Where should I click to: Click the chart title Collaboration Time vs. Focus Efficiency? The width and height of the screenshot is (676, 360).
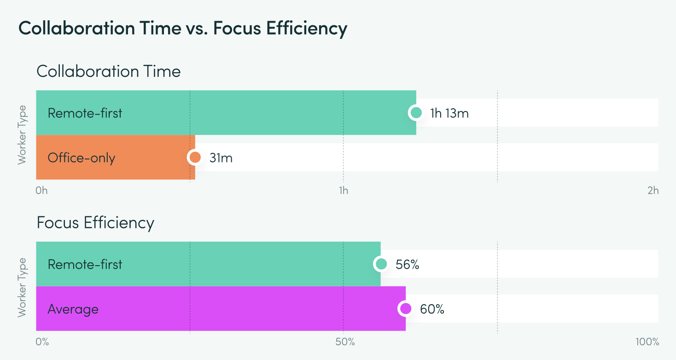pyautogui.click(x=183, y=29)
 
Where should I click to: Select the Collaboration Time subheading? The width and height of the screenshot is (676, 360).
pyautogui.click(x=109, y=71)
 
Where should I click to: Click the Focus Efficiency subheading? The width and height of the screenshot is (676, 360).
pyautogui.click(x=95, y=223)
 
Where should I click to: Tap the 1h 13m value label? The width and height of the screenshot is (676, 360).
pyautogui.click(x=449, y=113)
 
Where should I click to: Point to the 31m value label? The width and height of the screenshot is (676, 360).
pyautogui.click(x=221, y=158)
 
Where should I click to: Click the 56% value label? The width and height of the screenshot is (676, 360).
pyautogui.click(x=407, y=264)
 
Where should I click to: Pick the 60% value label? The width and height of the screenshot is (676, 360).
pyautogui.click(x=432, y=309)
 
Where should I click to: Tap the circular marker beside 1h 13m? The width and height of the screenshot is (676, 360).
pyautogui.click(x=416, y=113)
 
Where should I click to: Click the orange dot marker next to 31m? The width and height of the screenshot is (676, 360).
pyautogui.click(x=195, y=157)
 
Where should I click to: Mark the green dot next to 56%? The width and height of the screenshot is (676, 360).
pyautogui.click(x=381, y=264)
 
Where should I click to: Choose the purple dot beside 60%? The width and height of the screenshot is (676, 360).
pyautogui.click(x=406, y=308)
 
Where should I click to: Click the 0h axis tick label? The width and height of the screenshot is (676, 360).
pyautogui.click(x=41, y=191)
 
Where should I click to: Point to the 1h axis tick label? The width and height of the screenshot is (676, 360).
pyautogui.click(x=343, y=191)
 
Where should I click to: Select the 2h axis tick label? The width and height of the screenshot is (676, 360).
pyautogui.click(x=653, y=191)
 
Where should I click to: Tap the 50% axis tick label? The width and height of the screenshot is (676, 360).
pyautogui.click(x=345, y=342)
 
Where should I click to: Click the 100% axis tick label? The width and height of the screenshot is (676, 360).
pyautogui.click(x=647, y=342)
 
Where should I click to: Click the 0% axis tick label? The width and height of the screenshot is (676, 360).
pyautogui.click(x=42, y=342)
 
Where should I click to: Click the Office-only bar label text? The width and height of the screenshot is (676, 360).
pyautogui.click(x=82, y=158)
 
